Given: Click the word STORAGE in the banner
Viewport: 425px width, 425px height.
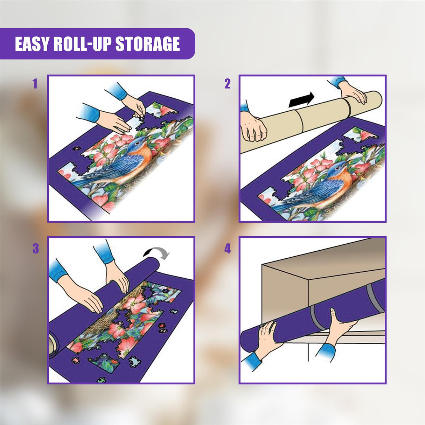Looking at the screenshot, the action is pyautogui.click(x=147, y=44).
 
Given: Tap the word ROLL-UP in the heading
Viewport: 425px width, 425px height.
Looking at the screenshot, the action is pyautogui.click(x=83, y=44).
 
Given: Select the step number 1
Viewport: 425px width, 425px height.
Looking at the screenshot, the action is pyautogui.click(x=35, y=84).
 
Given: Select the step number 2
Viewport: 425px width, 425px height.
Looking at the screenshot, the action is pyautogui.click(x=228, y=84).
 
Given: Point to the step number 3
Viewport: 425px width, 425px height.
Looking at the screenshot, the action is pyautogui.click(x=35, y=249).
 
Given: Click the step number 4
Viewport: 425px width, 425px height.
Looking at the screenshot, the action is pyautogui.click(x=228, y=249).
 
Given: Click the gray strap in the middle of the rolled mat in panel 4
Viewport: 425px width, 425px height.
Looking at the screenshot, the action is pyautogui.click(x=317, y=317).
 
